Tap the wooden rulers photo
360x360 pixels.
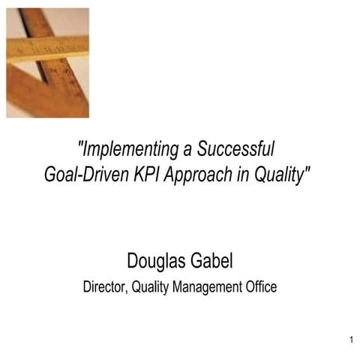pos(47,62)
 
